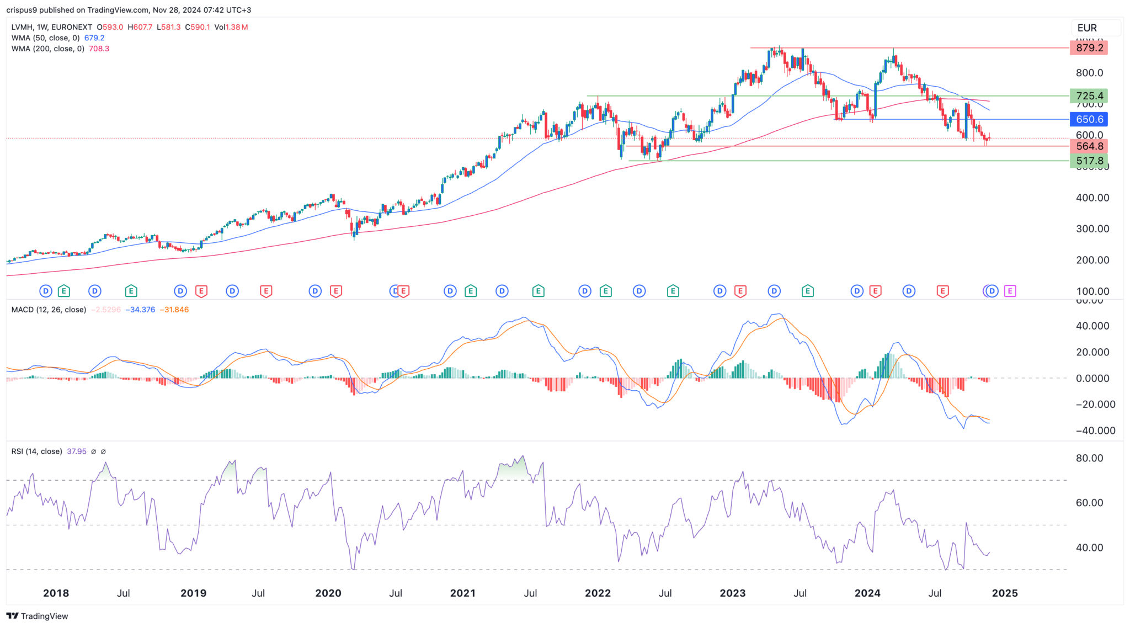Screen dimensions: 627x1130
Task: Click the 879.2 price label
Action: [x=1089, y=48]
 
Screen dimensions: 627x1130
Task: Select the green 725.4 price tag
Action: [x=1089, y=96]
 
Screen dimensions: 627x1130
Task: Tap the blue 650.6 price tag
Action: [x=1089, y=119]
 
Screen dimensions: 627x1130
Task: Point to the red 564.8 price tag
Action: [x=1089, y=146]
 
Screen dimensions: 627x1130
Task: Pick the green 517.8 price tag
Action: [x=1089, y=161]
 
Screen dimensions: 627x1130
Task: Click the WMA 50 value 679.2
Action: [x=94, y=38]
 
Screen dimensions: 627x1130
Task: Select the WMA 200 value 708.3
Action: [x=99, y=49]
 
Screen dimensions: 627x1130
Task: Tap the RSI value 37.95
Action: [x=77, y=451]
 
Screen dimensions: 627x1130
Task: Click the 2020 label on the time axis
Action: [x=328, y=593]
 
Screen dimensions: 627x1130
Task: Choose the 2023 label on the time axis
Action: [x=733, y=593]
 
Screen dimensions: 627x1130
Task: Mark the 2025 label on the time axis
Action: [x=1005, y=593]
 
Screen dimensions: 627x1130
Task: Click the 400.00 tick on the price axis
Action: [x=1092, y=198]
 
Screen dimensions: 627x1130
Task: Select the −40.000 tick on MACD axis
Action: [x=1092, y=431]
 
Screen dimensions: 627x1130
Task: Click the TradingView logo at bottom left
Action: [x=38, y=616]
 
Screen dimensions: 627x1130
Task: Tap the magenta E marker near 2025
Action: [x=1010, y=291]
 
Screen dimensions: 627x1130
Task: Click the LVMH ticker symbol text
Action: [x=22, y=27]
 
